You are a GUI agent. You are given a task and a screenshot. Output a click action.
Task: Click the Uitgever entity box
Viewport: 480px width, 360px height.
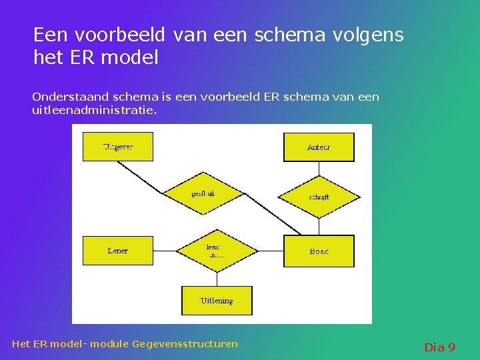(117, 147)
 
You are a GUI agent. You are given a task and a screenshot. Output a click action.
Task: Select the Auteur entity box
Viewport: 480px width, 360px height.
(319, 147)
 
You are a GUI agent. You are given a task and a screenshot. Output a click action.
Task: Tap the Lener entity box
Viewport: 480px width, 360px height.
(117, 251)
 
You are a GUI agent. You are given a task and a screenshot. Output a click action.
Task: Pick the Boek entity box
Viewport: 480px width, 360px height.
(319, 251)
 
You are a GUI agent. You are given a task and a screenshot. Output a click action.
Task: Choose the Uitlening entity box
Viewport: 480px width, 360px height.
(217, 301)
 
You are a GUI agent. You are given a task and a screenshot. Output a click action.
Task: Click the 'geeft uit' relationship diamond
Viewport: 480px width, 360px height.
(203, 194)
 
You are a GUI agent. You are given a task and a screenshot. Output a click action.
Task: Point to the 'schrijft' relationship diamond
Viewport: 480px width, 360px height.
(319, 197)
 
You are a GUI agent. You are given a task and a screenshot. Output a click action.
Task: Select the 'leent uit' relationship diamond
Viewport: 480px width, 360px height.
(217, 251)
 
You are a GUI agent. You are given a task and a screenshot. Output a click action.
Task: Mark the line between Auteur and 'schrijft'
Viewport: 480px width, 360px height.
(319, 169)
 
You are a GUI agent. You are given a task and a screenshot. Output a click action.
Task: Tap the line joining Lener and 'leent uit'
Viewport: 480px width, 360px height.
(164, 251)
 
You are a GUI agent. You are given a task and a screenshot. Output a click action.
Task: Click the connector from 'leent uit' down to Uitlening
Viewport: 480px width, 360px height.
(217, 279)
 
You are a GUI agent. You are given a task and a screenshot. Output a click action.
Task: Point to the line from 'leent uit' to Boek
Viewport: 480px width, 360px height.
(270, 251)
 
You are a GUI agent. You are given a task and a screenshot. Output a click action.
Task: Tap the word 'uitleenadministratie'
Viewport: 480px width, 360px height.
(94, 109)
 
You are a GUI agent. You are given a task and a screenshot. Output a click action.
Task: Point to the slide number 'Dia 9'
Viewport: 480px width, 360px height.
(439, 347)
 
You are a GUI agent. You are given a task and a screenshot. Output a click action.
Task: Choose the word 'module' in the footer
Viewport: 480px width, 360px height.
(109, 344)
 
